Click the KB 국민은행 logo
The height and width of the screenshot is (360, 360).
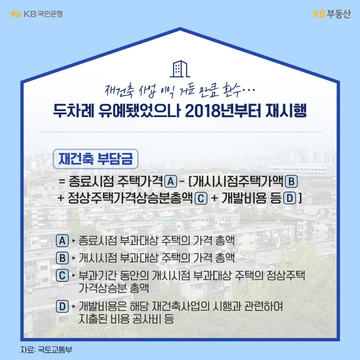point(36,14)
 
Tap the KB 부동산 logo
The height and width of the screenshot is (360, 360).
point(332,14)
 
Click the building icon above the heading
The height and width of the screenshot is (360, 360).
point(180,68)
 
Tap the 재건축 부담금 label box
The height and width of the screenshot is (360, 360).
point(96,159)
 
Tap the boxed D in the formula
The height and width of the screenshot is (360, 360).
point(289,198)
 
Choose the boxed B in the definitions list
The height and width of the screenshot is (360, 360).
point(62,258)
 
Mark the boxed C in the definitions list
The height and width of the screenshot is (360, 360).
point(62,276)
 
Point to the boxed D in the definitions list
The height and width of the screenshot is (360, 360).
point(62,307)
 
